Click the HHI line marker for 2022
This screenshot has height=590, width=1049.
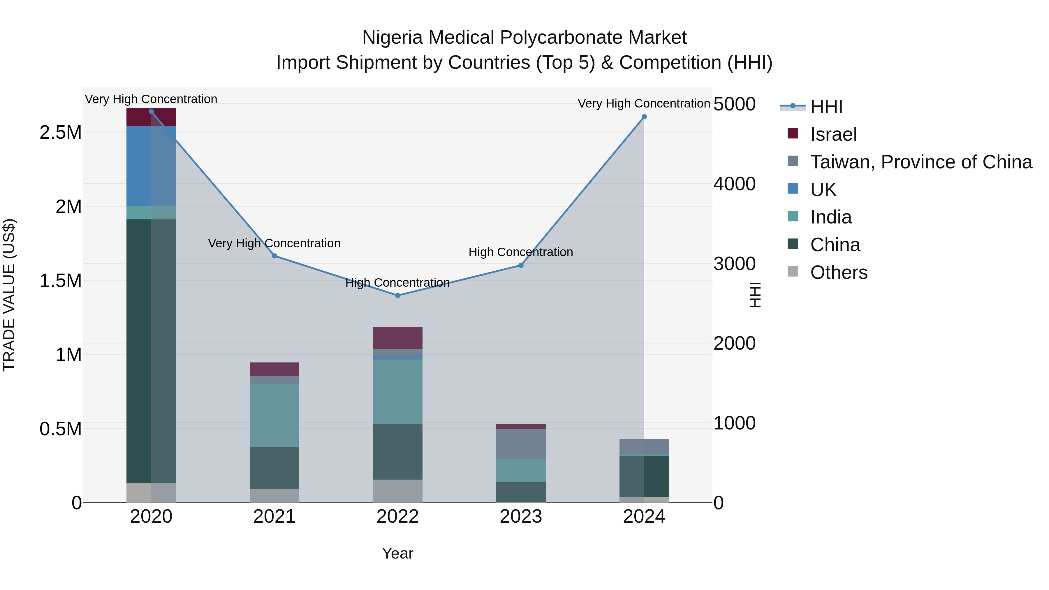(x=397, y=296)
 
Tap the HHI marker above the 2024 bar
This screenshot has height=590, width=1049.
(x=644, y=117)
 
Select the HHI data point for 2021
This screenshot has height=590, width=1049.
(x=274, y=256)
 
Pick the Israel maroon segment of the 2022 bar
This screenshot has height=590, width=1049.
(x=397, y=338)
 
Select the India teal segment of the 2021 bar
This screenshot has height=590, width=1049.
(x=274, y=415)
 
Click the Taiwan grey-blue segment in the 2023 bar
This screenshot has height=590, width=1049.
(x=520, y=444)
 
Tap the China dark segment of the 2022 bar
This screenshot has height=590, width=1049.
(x=397, y=451)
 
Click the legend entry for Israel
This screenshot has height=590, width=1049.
(x=833, y=134)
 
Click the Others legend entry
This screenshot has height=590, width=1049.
(x=838, y=272)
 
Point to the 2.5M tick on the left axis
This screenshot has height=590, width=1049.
(x=61, y=133)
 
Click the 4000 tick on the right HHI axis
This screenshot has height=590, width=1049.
(x=734, y=184)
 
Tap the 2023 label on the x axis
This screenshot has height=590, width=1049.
(x=520, y=517)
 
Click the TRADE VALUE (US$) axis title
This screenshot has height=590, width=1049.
(x=9, y=295)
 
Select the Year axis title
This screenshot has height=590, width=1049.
(x=397, y=553)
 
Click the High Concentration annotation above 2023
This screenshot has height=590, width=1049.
(x=520, y=252)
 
